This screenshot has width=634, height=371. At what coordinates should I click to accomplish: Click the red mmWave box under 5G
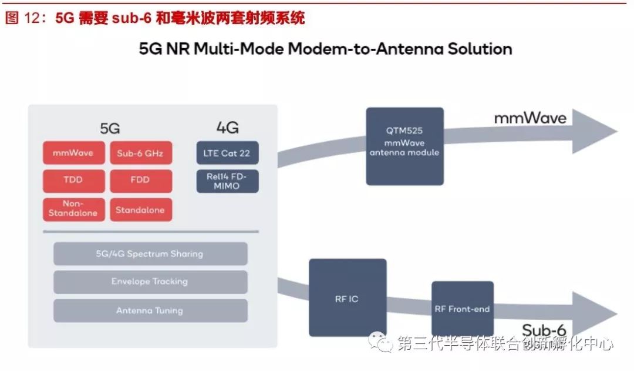pyautogui.click(x=73, y=153)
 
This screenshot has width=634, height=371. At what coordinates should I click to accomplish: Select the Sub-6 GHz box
pyautogui.click(x=141, y=153)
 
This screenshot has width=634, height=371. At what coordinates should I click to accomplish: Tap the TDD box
pyautogui.click(x=73, y=181)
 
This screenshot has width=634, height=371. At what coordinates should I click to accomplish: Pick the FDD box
pyautogui.click(x=141, y=181)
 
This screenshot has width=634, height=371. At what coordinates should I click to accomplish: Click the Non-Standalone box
pyautogui.click(x=73, y=209)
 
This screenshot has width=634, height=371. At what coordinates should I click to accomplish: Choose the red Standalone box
pyautogui.click(x=141, y=209)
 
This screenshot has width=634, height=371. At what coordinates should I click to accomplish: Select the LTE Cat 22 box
pyautogui.click(x=227, y=153)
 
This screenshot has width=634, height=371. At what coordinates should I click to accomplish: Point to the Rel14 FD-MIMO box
pyautogui.click(x=227, y=181)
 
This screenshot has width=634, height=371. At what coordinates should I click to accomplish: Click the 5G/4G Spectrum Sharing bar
pyautogui.click(x=150, y=254)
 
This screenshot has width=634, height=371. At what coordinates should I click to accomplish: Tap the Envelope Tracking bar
pyautogui.click(x=150, y=282)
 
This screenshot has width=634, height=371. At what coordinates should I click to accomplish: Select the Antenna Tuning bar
pyautogui.click(x=150, y=310)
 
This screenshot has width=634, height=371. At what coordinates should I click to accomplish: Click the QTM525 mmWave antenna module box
pyautogui.click(x=404, y=146)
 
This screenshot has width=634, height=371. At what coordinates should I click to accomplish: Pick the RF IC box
pyautogui.click(x=348, y=298)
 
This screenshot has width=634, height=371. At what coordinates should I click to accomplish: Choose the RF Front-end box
pyautogui.click(x=463, y=309)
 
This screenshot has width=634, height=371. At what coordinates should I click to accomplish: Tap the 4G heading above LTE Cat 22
pyautogui.click(x=227, y=128)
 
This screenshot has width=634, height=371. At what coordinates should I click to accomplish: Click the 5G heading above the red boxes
pyautogui.click(x=110, y=128)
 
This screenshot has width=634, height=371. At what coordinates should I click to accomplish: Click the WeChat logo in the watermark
pyautogui.click(x=380, y=342)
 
